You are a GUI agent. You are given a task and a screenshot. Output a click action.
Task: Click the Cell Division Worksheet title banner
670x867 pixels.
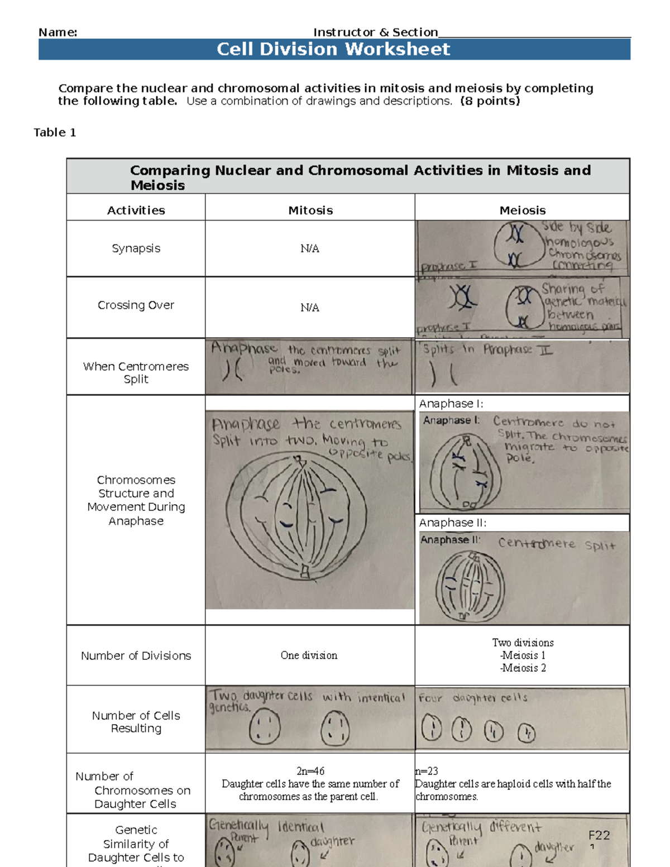coord(333,49)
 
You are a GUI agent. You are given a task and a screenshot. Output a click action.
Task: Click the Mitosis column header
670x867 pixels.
coord(310,210)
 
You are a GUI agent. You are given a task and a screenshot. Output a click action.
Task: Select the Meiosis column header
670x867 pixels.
coord(522,210)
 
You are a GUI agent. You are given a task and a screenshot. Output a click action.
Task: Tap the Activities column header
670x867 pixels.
coord(136,210)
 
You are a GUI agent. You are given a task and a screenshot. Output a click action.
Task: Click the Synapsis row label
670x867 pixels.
coord(136,248)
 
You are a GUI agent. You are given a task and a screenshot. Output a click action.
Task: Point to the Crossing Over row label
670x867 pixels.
coord(136,305)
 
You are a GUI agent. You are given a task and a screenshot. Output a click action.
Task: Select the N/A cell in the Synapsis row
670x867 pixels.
coord(310,248)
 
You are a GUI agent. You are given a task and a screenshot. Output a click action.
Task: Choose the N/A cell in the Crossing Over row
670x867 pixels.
coord(310,308)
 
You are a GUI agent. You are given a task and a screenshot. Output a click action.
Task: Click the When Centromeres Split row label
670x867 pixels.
coord(136,372)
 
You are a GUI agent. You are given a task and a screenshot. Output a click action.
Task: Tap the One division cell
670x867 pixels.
coord(309,655)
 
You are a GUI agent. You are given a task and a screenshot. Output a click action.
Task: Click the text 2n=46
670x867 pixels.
coord(310,771)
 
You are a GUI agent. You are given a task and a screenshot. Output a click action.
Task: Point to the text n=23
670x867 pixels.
coord(427,771)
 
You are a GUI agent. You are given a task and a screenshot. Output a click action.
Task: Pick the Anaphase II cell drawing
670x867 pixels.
coord(470,586)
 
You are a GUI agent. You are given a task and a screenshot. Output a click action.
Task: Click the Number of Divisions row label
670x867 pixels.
coord(136,656)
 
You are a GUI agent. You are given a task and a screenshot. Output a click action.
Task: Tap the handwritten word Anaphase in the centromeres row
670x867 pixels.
coord(244,348)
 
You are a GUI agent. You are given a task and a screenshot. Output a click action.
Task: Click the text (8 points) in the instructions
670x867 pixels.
coord(490,101)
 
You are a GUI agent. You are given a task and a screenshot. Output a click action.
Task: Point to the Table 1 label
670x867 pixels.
coord(55,132)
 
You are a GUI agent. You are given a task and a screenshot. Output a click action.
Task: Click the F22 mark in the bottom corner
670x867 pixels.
coord(599,835)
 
